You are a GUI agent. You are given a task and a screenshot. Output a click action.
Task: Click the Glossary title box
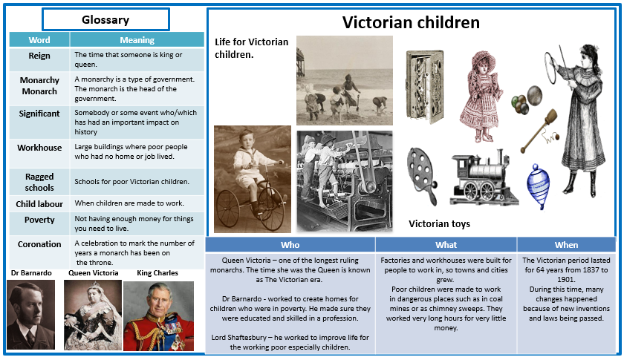[x=105, y=19]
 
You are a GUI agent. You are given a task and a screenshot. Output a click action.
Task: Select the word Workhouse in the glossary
[x=39, y=148]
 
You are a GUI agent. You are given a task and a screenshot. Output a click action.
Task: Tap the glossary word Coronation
[x=39, y=244]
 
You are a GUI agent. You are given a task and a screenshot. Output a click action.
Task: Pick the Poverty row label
[x=39, y=220]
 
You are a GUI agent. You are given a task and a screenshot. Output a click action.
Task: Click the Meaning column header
[x=137, y=40]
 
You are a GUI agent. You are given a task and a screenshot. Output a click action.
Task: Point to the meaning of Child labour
[x=129, y=203]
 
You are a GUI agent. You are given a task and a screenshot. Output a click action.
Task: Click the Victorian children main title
[x=411, y=22]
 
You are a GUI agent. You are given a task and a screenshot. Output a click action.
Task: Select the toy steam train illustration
[x=484, y=178]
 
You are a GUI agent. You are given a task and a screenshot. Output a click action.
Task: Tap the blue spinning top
[x=538, y=186]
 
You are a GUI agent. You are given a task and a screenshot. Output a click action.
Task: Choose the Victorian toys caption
[x=439, y=224]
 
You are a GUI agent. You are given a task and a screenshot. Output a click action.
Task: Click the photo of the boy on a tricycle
[x=253, y=179]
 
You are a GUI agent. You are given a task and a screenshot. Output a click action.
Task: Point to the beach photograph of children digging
[x=345, y=80]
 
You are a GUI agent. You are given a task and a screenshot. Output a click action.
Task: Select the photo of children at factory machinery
[x=345, y=181]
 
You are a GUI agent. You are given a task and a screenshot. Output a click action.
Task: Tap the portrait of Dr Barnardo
[x=30, y=315]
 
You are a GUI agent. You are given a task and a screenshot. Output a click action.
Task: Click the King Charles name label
[x=157, y=273]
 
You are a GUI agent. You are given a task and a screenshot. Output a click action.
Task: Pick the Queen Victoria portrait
[x=93, y=315]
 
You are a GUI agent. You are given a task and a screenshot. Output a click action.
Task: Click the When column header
[x=566, y=245]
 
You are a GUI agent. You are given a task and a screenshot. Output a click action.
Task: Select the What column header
[x=446, y=245]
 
